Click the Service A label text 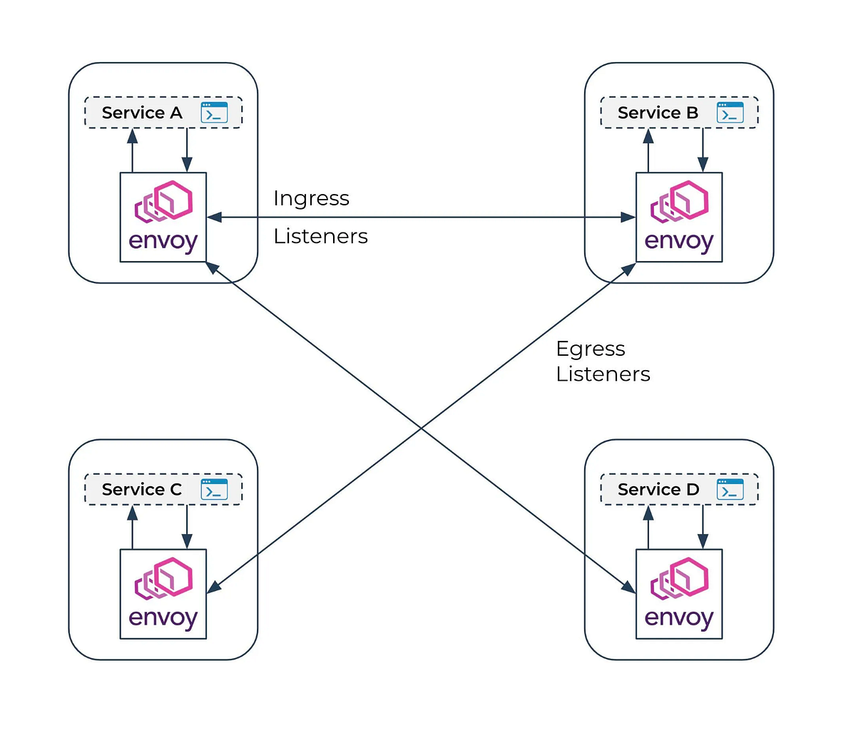point(142,113)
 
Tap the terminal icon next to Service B point(730,113)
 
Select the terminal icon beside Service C point(214,489)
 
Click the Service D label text point(658,489)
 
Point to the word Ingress point(311,198)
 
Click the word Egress point(591,349)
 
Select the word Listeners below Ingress point(320,236)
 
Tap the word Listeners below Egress point(603,374)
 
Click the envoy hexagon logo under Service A point(164,201)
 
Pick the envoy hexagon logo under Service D point(680,578)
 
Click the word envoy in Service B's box point(679,242)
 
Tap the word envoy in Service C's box point(163,618)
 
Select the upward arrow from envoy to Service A point(132,150)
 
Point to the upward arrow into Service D point(648,526)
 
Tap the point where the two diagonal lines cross point(422,428)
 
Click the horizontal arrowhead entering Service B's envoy point(628,217)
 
